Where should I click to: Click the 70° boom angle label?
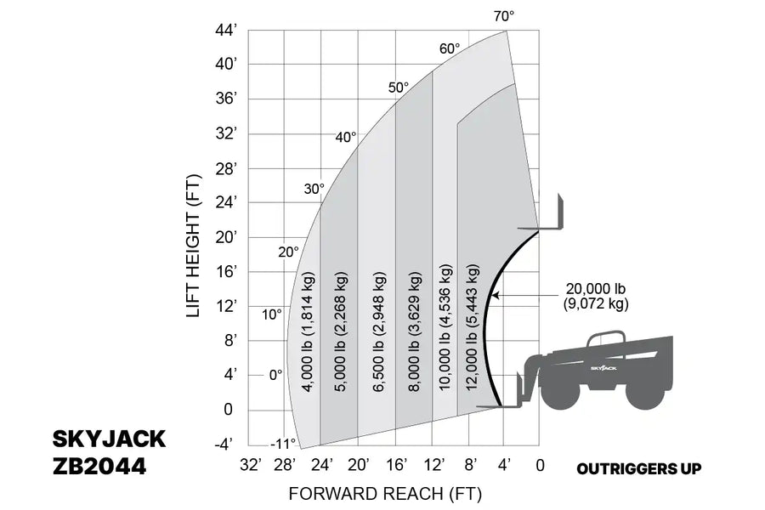[503, 16]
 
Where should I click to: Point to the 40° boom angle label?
[345, 137]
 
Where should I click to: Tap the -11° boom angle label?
[283, 444]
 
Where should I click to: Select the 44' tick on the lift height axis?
[226, 31]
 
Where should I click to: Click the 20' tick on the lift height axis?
[226, 237]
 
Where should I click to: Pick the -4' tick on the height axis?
[224, 445]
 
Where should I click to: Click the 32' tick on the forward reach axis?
[251, 465]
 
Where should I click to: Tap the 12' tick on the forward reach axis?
[433, 465]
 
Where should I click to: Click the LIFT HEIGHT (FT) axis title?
[193, 246]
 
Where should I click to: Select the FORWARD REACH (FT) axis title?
[385, 494]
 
